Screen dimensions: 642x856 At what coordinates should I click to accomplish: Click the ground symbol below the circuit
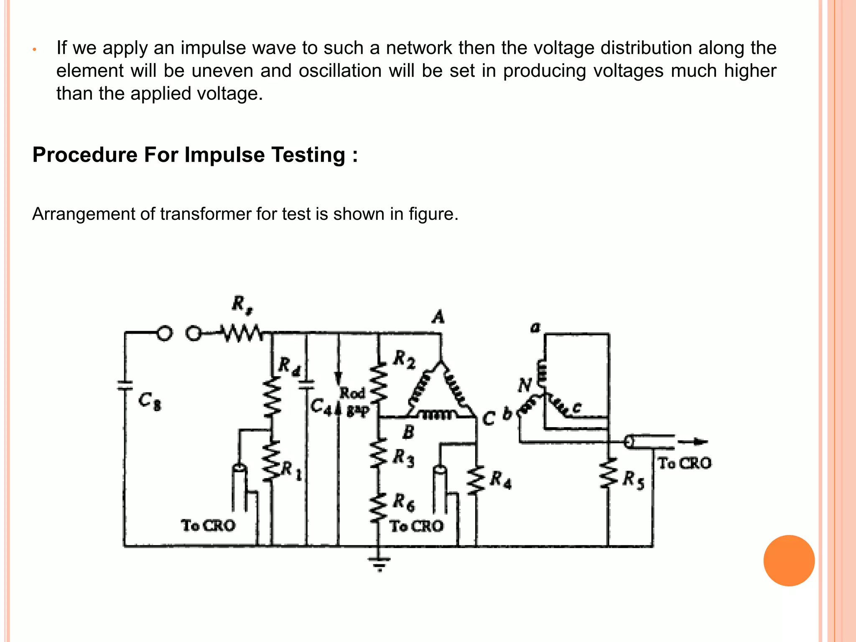(379, 562)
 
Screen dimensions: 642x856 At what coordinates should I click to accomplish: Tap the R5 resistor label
(634, 479)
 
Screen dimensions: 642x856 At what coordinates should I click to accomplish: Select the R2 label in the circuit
(405, 359)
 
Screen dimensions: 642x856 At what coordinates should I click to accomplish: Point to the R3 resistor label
(404, 458)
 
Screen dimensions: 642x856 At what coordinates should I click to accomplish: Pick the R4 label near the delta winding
(501, 479)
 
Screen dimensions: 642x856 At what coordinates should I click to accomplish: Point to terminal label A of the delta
(438, 317)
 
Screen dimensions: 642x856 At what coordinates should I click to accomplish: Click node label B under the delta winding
(408, 432)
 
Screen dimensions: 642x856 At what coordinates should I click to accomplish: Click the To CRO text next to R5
(685, 463)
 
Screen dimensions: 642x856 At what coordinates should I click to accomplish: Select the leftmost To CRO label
(208, 525)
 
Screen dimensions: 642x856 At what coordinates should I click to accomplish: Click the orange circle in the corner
(789, 560)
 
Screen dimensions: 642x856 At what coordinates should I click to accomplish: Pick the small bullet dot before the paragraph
(35, 50)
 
